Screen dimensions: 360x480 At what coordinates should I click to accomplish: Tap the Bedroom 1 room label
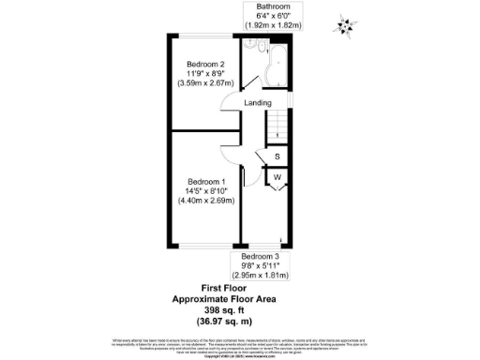(206, 181)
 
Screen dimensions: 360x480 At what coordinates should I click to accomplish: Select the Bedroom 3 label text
(260, 257)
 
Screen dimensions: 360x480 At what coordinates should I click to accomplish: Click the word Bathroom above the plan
(260, 7)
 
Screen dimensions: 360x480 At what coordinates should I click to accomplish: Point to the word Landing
(258, 102)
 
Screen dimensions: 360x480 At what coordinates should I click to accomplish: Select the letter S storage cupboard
(278, 157)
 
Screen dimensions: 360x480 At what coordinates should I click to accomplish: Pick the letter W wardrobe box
(278, 176)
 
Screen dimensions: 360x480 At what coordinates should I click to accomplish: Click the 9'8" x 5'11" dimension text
(261, 266)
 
